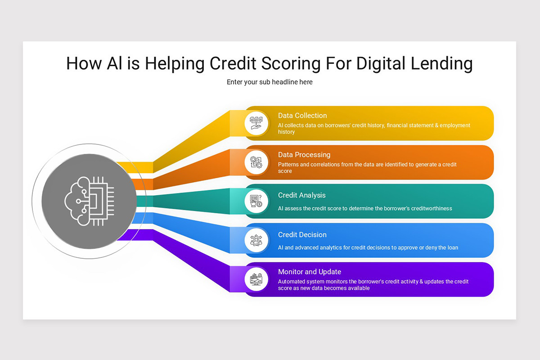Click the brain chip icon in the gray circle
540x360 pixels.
(x=89, y=201)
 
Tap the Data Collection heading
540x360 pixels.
(x=302, y=116)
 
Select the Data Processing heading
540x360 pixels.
(x=304, y=155)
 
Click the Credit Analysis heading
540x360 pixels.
(x=301, y=195)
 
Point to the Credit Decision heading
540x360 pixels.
(x=302, y=234)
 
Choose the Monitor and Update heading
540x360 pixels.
(x=310, y=272)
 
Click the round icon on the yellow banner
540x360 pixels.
(x=256, y=123)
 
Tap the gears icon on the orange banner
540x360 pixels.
(x=256, y=162)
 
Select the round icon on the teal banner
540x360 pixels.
(x=256, y=201)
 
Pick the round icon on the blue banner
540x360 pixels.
(x=256, y=240)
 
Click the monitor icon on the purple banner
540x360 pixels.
(x=256, y=279)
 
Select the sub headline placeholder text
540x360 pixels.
(x=270, y=82)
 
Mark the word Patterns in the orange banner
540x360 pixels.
(x=288, y=165)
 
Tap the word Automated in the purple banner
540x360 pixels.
(x=292, y=282)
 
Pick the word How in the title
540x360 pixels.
(x=84, y=63)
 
